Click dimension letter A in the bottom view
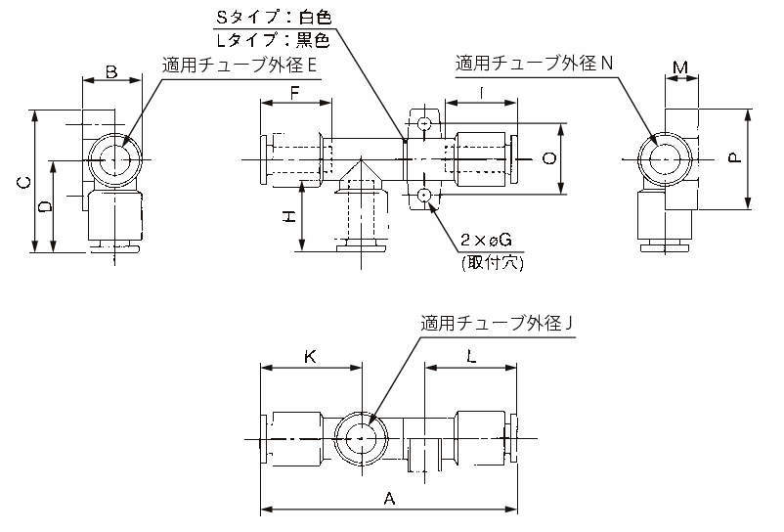click(x=389, y=499)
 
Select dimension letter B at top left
click(x=110, y=70)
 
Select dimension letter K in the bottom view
click(x=310, y=358)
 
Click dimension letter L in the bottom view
click(x=471, y=358)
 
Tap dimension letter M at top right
click(x=681, y=67)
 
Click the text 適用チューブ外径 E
click(x=241, y=66)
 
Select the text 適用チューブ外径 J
click(x=496, y=322)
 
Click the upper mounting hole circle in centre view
click(x=423, y=124)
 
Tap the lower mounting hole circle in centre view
click(x=423, y=197)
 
